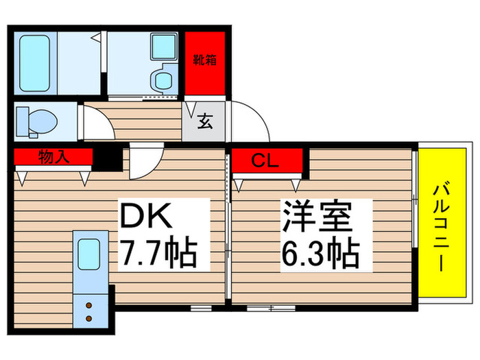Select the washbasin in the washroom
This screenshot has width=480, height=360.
point(163,64)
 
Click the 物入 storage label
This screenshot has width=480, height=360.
point(53,158)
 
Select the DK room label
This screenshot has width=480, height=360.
point(146,219)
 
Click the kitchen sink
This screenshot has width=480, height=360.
point(90,254)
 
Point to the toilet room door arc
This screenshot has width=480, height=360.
point(95,124)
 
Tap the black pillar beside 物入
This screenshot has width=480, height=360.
point(106,158)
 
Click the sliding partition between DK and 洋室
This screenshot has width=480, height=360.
point(228,226)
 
